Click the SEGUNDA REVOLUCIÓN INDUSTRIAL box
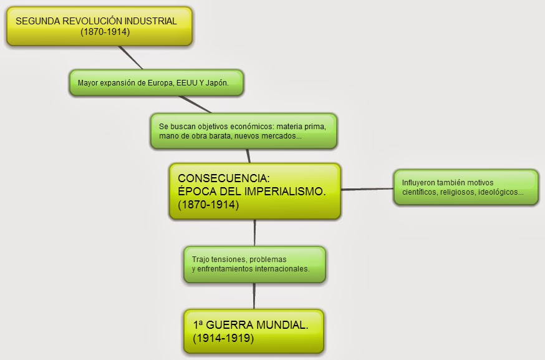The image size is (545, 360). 99,26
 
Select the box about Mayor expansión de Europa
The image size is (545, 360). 156,82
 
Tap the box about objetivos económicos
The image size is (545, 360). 243,130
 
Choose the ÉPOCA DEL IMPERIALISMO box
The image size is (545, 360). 254,191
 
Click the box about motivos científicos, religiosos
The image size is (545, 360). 465,187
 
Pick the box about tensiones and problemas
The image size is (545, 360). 254,264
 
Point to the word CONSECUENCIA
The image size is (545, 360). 224,177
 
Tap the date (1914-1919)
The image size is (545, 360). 223,339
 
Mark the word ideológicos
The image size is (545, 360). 500,192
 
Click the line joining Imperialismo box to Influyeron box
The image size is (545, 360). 367,189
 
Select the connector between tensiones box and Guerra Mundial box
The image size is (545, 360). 254,296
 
